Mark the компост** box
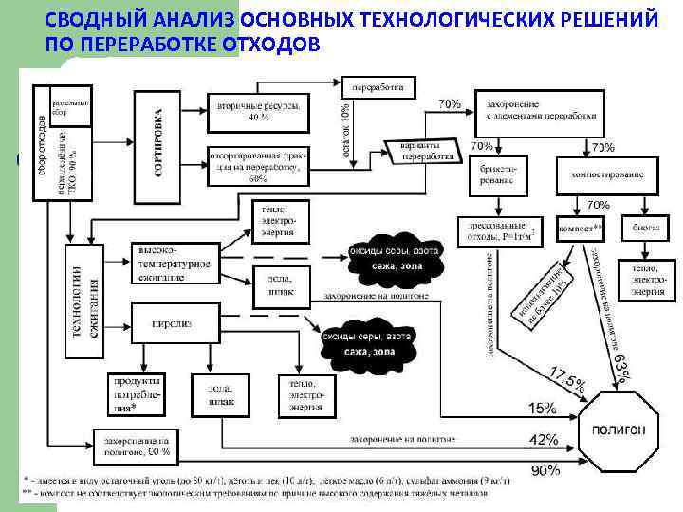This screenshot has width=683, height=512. pos(581,229)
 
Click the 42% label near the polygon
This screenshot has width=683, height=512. pos(543,440)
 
